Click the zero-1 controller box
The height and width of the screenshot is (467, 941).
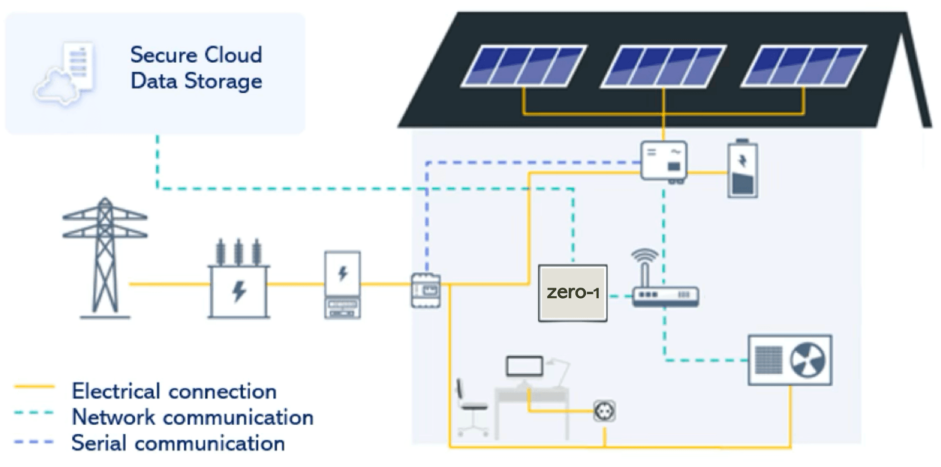click(x=572, y=293)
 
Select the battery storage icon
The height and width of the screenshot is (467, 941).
click(x=743, y=169)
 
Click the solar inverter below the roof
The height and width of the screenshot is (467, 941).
click(x=664, y=161)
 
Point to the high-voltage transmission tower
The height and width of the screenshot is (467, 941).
click(x=104, y=258)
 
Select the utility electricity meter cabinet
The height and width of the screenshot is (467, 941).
click(x=343, y=285)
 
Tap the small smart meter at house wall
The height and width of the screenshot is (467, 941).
click(x=425, y=290)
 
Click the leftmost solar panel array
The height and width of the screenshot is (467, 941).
click(x=523, y=66)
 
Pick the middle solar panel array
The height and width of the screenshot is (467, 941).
click(x=663, y=66)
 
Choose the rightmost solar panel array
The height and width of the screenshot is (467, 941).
click(x=803, y=66)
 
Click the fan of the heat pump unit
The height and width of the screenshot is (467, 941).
click(x=807, y=360)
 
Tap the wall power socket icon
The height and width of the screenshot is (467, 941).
click(x=604, y=411)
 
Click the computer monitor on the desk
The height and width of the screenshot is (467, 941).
click(x=524, y=366)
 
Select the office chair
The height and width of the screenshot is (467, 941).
click(x=470, y=407)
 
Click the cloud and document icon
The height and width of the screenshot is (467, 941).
click(x=66, y=74)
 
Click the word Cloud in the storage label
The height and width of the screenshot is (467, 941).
click(x=233, y=55)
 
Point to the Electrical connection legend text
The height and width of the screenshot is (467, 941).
click(x=174, y=391)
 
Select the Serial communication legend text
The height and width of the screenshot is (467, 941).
click(x=178, y=443)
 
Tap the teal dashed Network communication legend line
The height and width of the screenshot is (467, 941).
click(x=34, y=413)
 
